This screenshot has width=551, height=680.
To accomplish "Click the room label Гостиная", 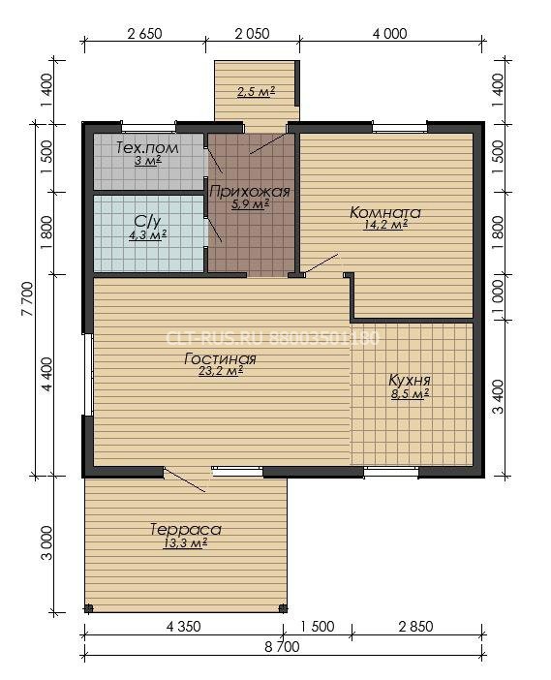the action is coord(220,359).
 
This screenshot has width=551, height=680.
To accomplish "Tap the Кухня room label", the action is coord(410,381).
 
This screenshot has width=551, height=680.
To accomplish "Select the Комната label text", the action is coord(385,212).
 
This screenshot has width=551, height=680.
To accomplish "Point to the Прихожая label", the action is coord(250,191).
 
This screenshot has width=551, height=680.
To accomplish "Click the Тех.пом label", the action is coord(147,148).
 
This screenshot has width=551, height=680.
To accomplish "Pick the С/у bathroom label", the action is coord(147,222).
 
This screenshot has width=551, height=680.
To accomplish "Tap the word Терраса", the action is coord(186,530).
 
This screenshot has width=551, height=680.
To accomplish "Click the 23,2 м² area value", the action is coord(220,371).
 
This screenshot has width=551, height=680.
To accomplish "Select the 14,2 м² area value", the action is coord(385,225).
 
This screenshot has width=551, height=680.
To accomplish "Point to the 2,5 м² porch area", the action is coord(257,92).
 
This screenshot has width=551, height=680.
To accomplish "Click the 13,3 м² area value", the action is coord(185,542).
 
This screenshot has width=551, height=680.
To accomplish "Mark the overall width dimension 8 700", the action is coord(282,647).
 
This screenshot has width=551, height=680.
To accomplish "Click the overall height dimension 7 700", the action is coord(27,298).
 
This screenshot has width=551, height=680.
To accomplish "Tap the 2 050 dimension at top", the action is coord(253,33).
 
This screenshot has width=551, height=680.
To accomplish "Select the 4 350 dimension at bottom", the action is coord(184,627).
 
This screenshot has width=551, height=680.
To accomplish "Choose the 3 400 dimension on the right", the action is coord(499,397).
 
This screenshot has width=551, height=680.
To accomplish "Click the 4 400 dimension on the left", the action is coord(46,374).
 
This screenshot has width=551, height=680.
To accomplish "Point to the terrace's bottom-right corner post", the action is coord(283,608).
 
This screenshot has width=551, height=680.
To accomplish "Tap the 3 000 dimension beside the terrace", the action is coord(46,543).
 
